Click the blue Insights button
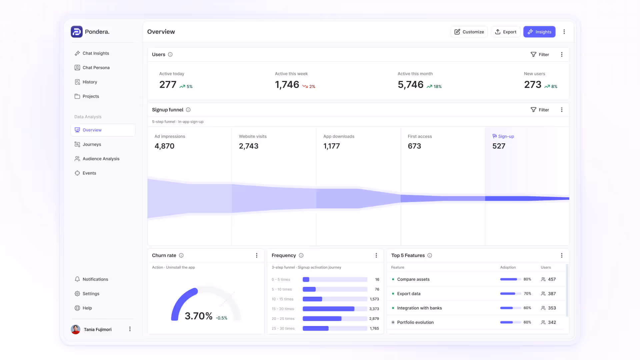(x=539, y=32)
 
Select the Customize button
(x=469, y=32)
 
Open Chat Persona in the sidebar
(x=96, y=68)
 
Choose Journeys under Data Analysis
(x=92, y=144)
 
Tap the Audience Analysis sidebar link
(x=101, y=159)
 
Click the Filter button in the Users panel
(x=540, y=54)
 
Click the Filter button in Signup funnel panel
(x=540, y=110)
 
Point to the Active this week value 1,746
(x=287, y=85)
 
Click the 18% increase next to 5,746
(x=434, y=86)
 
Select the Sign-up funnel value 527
(x=499, y=146)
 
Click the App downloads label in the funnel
(x=339, y=136)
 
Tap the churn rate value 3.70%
(x=199, y=316)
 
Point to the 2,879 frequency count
(x=374, y=319)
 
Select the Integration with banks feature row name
(x=419, y=308)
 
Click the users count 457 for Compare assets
(x=552, y=279)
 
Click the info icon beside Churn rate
(x=181, y=255)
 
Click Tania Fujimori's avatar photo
(x=76, y=329)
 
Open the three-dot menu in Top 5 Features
(x=562, y=255)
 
